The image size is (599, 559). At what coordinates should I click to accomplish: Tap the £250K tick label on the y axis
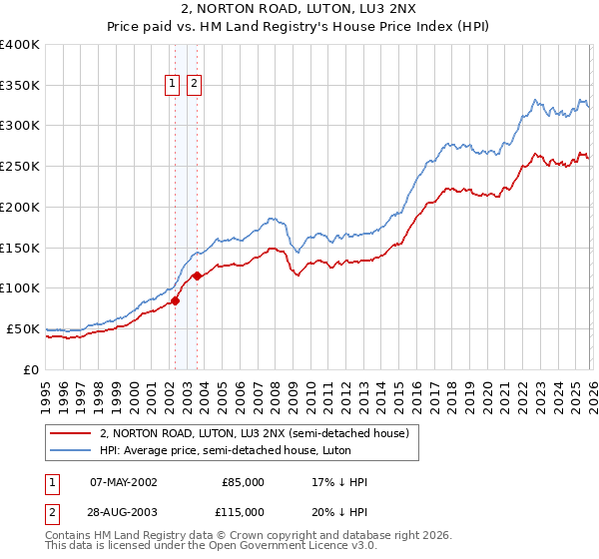click(x=20, y=166)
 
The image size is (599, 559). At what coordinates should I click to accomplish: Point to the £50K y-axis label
click(x=23, y=328)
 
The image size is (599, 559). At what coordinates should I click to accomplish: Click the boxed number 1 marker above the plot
click(x=173, y=85)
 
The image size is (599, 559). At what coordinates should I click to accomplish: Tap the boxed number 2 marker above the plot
click(x=193, y=85)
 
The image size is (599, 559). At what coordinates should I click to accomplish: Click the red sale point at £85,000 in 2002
click(x=175, y=299)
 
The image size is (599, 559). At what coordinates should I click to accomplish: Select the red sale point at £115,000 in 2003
click(x=198, y=276)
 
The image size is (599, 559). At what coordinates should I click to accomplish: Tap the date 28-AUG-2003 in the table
click(x=123, y=511)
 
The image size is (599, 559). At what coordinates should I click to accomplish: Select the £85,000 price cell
click(x=243, y=482)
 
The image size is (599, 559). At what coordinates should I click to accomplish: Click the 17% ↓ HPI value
click(x=339, y=482)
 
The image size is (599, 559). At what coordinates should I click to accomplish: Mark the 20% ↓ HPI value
click(x=339, y=511)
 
